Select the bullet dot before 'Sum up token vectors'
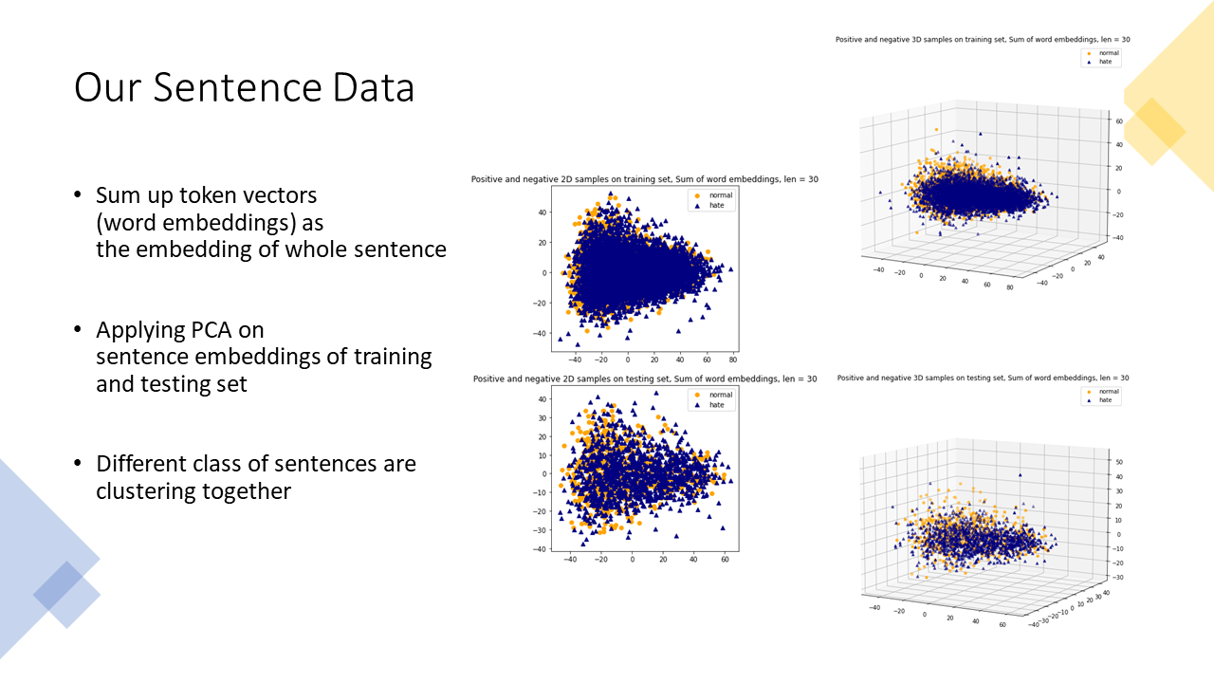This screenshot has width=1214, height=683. [x=78, y=195]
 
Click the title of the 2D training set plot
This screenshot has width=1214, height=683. [x=644, y=179]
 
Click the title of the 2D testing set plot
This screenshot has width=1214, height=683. [x=644, y=378]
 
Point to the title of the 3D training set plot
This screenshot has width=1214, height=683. [x=982, y=40]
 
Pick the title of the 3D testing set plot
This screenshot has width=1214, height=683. [x=983, y=378]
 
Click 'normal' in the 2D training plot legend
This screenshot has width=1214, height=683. [x=721, y=194]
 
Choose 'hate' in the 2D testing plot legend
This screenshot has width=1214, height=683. [x=716, y=405]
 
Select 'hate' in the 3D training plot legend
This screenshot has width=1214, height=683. [x=1105, y=63]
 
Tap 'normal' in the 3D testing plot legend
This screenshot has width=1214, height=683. [x=1108, y=391]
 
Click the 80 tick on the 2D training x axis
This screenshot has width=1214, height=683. [x=733, y=360]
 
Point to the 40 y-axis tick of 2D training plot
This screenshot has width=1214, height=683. [x=542, y=212]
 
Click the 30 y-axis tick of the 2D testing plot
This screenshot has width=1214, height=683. [x=542, y=417]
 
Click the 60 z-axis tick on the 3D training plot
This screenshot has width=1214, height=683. [x=1119, y=121]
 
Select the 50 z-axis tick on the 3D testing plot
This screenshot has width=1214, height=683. [x=1119, y=462]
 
